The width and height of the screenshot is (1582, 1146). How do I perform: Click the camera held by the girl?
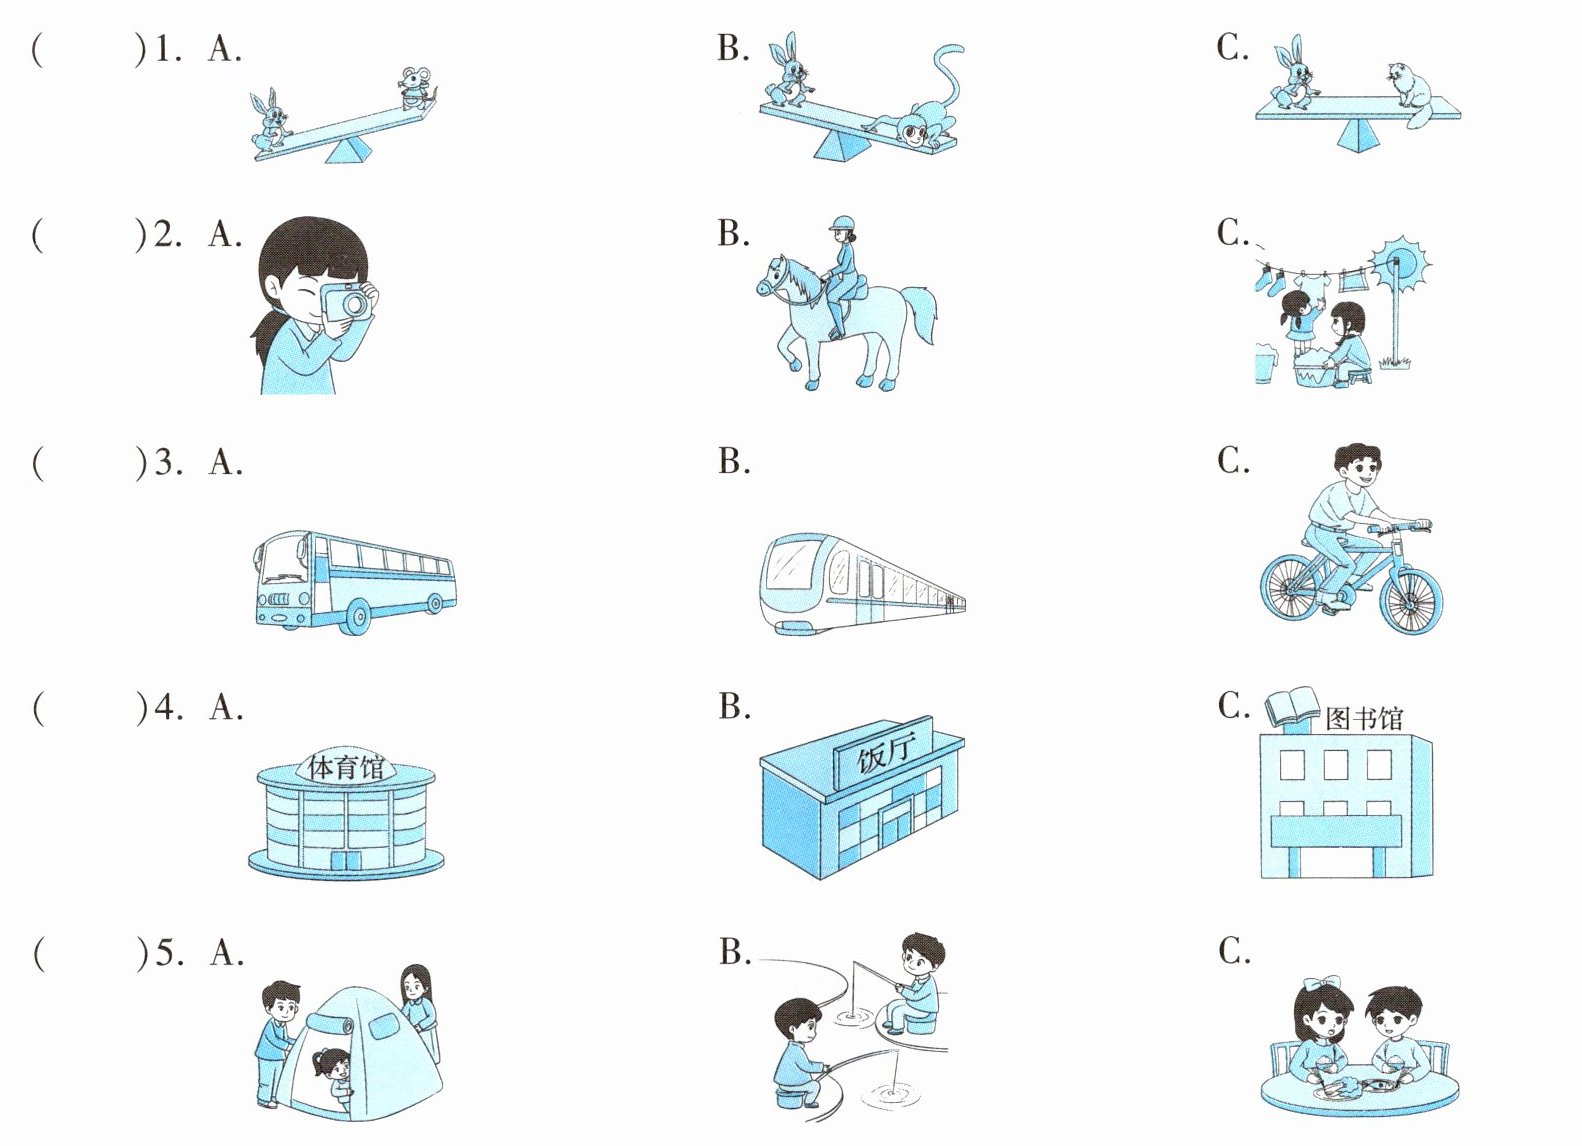345,302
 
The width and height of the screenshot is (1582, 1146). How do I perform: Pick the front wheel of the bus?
358,616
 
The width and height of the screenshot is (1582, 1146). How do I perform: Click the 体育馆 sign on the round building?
346,767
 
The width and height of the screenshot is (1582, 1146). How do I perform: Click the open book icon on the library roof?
1292,706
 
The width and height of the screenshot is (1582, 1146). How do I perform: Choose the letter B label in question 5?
734,952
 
